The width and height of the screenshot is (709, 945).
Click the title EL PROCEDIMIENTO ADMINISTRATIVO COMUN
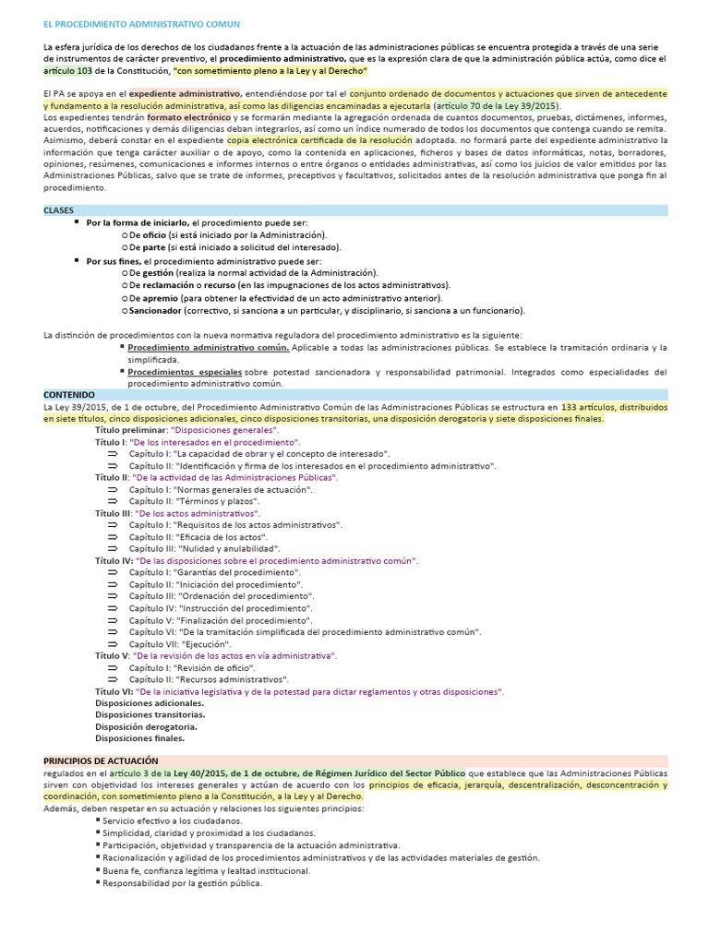pyautogui.click(x=141, y=22)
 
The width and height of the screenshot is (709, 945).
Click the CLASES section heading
pyautogui.click(x=58, y=210)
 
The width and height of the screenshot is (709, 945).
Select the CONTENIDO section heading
pyautogui.click(x=68, y=394)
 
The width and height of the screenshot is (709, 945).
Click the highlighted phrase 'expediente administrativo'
pyautogui.click(x=185, y=94)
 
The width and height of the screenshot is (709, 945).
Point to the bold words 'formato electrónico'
pyautogui.click(x=188, y=118)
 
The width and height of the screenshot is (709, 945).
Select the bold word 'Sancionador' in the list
pyautogui.click(x=154, y=311)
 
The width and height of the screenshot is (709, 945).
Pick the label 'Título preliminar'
pyautogui.click(x=131, y=430)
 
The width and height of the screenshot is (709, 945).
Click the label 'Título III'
pyautogui.click(x=114, y=512)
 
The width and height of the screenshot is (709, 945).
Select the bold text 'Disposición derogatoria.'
pyautogui.click(x=146, y=726)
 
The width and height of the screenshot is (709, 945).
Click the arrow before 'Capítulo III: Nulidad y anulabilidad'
pyautogui.click(x=113, y=548)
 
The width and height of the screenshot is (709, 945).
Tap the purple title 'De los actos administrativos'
pyautogui.click(x=198, y=512)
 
